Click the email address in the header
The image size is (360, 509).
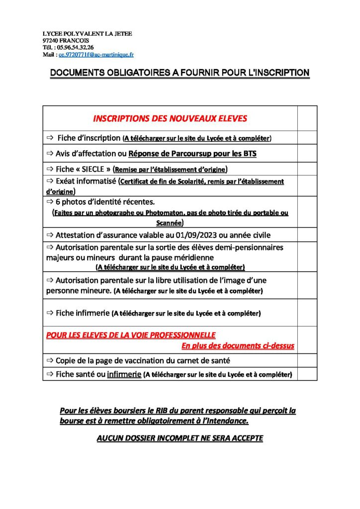(96, 54)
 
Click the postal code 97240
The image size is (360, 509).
(51, 40)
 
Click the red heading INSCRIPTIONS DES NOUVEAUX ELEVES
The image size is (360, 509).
(170, 118)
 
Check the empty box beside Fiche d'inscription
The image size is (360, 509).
(307, 137)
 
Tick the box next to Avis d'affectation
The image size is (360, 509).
(307, 153)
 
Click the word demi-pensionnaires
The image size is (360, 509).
(251, 247)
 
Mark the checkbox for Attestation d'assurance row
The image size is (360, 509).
(307, 235)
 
